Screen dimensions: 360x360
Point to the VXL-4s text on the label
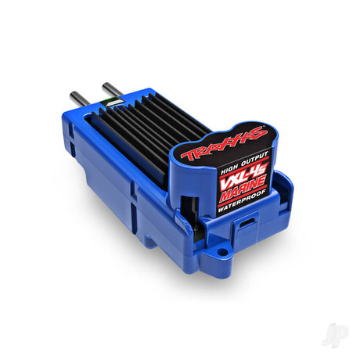243,177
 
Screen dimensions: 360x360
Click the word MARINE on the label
243,189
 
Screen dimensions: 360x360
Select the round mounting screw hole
222,252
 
